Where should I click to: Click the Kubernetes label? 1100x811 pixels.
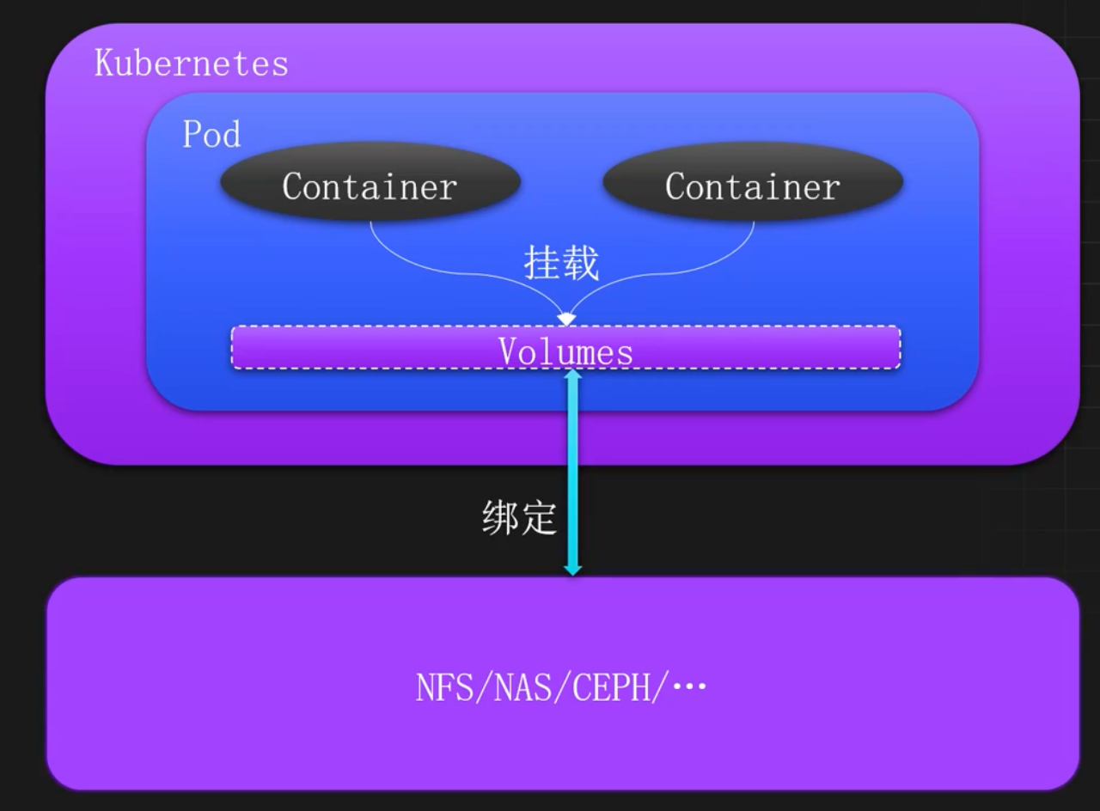(191, 64)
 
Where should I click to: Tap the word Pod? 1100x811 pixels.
(211, 135)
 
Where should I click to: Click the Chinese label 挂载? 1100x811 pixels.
(561, 262)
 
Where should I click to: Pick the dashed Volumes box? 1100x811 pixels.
(565, 349)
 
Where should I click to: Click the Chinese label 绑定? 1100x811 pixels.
(519, 518)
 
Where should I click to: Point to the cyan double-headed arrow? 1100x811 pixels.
(572, 473)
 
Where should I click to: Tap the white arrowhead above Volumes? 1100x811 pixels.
(565, 319)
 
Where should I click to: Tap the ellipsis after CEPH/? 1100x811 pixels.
(689, 687)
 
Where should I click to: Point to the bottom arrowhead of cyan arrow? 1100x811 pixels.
(572, 569)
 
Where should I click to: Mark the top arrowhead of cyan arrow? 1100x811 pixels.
(572, 374)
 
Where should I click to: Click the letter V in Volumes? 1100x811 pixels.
(508, 351)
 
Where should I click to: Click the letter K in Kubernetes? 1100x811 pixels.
(103, 64)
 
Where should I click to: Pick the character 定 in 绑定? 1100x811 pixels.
(539, 518)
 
